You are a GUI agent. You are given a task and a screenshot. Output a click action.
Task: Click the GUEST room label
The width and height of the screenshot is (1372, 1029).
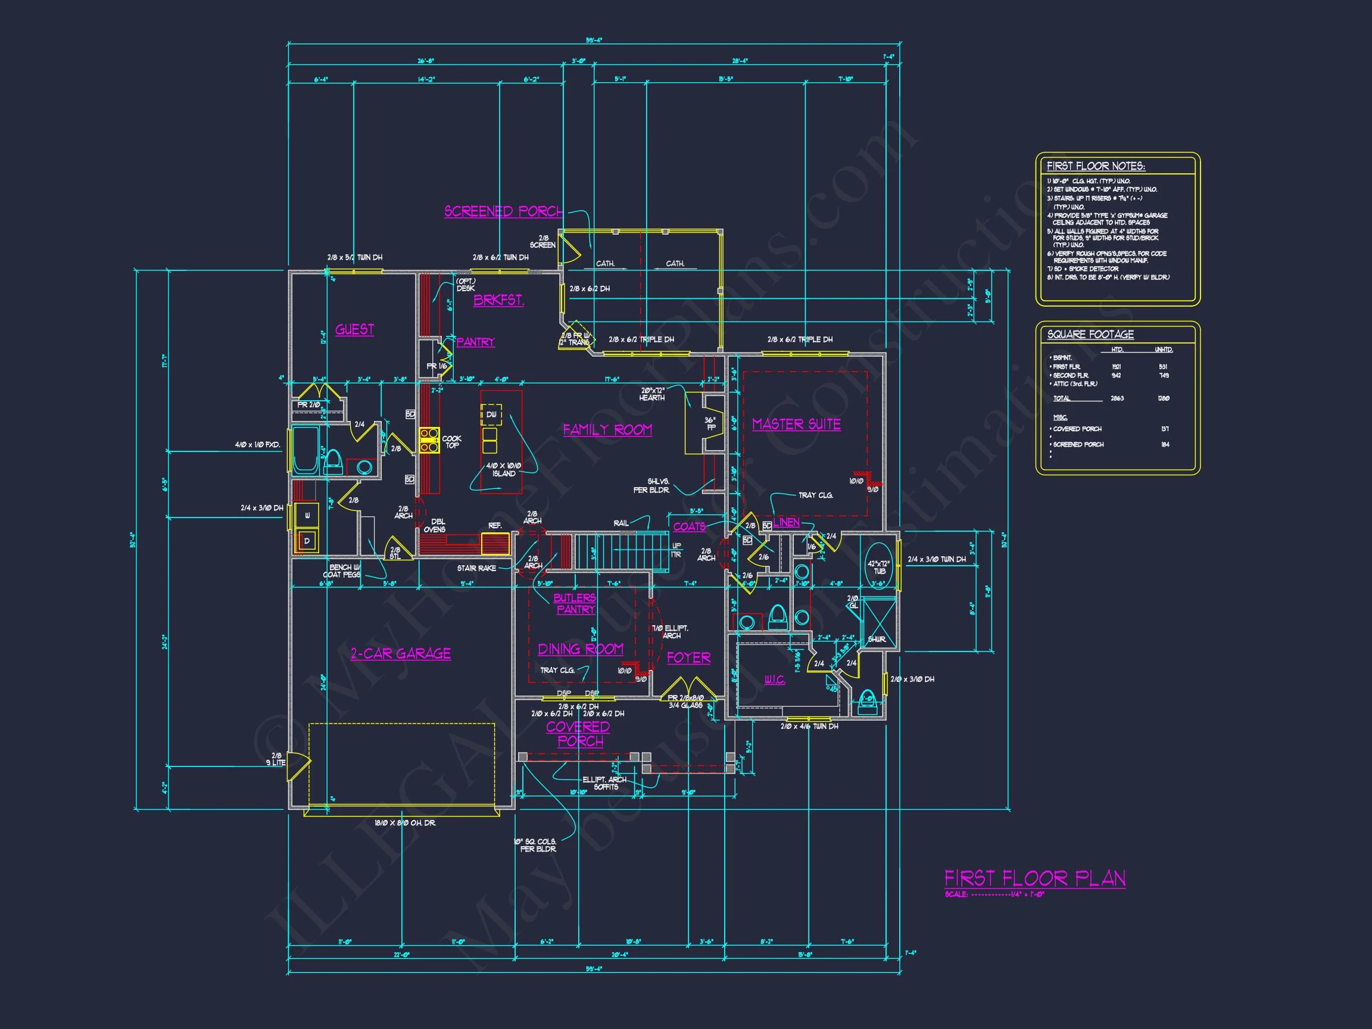tap(354, 329)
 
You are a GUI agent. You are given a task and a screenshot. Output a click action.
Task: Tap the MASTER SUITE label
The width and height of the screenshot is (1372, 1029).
tap(796, 424)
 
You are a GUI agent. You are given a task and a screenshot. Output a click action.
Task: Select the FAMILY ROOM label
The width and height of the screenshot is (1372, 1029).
tap(607, 430)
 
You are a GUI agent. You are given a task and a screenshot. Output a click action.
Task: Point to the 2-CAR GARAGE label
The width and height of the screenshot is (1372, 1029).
tap(400, 654)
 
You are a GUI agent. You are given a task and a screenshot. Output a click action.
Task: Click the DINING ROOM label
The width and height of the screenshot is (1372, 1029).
tap(580, 650)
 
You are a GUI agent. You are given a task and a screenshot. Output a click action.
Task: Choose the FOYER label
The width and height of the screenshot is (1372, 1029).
tap(688, 657)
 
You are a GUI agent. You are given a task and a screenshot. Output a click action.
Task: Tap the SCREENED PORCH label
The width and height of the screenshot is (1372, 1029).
tap(503, 211)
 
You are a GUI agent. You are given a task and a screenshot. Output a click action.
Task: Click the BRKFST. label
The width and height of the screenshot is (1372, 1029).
tap(498, 300)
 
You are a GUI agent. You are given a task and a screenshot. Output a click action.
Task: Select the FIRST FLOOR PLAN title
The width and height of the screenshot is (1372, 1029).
tap(1034, 878)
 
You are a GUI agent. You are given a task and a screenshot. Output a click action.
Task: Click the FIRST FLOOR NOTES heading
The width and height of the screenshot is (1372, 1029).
tap(1096, 166)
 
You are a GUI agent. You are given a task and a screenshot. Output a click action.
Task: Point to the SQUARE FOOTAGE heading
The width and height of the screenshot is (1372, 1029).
tap(1090, 334)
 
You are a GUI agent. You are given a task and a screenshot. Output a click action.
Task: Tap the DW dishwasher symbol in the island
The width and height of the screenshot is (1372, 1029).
tap(491, 414)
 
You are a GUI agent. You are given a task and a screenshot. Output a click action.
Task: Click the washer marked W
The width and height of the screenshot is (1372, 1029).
tap(307, 515)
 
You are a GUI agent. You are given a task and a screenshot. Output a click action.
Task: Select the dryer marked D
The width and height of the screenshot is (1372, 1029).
tap(307, 541)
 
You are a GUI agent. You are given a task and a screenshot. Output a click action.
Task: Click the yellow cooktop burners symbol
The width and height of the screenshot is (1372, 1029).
tap(429, 439)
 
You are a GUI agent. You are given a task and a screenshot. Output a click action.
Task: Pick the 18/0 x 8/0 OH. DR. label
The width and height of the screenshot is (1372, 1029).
tap(404, 823)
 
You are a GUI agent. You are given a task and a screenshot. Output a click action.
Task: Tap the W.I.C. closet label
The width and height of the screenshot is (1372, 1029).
tap(774, 680)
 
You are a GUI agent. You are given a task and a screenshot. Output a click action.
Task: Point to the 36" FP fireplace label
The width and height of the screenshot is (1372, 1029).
tap(711, 423)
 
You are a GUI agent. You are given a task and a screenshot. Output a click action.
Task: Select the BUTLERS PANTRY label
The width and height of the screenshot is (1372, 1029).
tap(575, 603)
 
